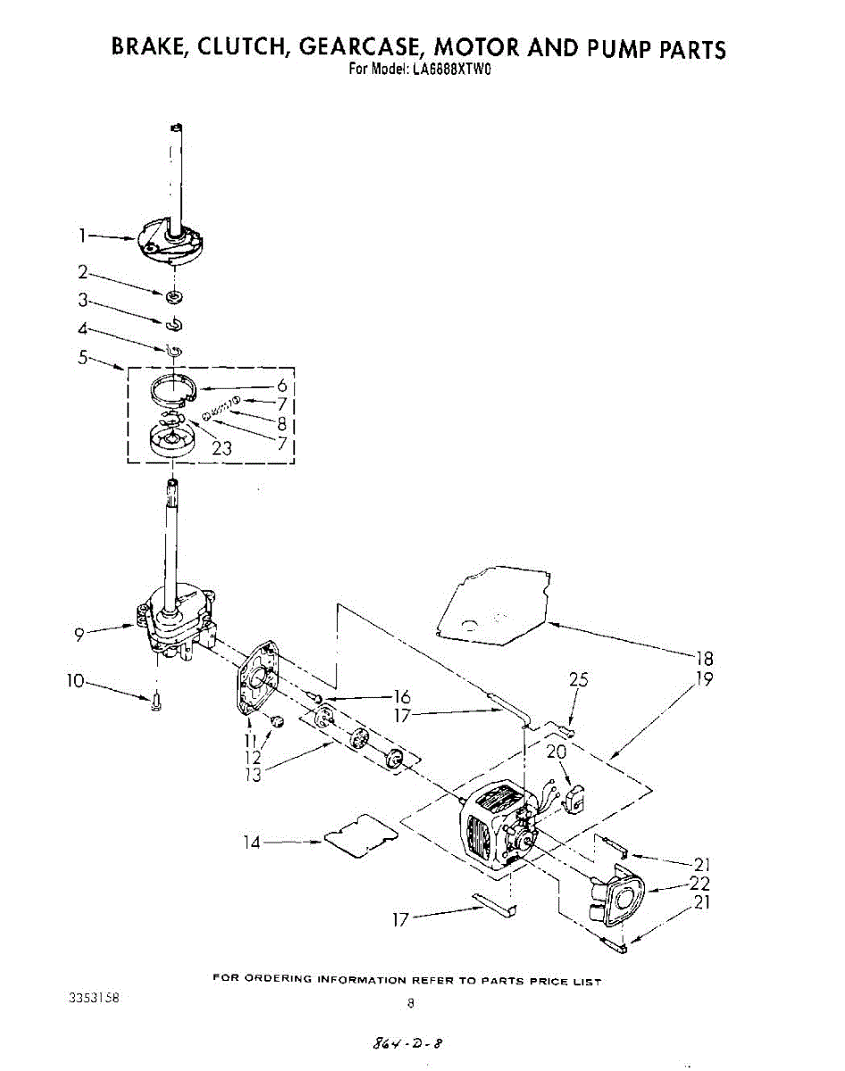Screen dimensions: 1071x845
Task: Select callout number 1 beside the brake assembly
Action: [x=81, y=236]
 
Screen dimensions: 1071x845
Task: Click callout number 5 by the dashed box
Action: [x=82, y=358]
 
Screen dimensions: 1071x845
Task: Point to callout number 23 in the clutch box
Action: [x=222, y=447]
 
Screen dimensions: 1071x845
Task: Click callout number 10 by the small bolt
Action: [x=77, y=681]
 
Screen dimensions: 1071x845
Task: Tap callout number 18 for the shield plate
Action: [x=705, y=659]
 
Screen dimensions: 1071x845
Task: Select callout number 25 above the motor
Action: [x=580, y=680]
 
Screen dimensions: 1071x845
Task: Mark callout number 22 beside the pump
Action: [x=700, y=884]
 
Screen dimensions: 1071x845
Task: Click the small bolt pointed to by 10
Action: [x=156, y=702]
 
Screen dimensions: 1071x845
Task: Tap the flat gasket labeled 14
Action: [x=359, y=836]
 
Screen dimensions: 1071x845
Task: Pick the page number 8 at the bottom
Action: [x=410, y=1002]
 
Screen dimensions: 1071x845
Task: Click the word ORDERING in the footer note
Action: [x=275, y=980]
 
